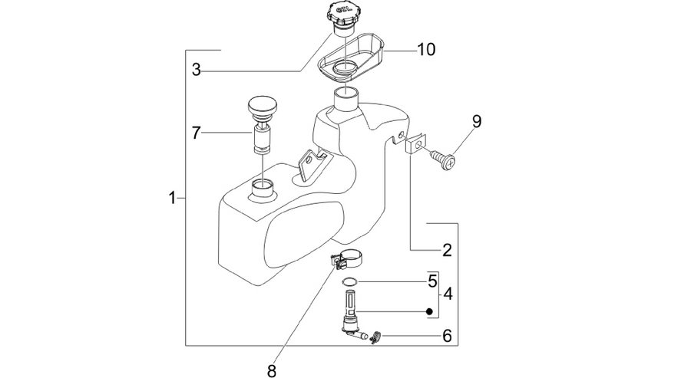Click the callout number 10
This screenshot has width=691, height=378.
coord(425,49)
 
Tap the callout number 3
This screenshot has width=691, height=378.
coord(197,70)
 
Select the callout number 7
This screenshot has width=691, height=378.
coord(196,133)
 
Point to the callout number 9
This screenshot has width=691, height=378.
coord(477,121)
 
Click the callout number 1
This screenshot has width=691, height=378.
coord(173,198)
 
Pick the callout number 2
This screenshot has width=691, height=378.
coord(448,251)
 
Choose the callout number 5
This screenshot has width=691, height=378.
coord(433,281)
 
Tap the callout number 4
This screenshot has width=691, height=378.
coord(448,294)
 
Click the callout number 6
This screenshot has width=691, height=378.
coord(448,336)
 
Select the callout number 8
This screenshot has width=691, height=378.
coord(272,371)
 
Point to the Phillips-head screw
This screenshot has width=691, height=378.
coord(442,159)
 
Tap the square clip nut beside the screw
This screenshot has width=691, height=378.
coord(415,143)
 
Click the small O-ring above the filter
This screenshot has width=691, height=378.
coord(349,281)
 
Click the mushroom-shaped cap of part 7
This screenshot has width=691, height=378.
coord(263,107)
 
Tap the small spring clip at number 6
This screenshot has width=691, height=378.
coord(375,337)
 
